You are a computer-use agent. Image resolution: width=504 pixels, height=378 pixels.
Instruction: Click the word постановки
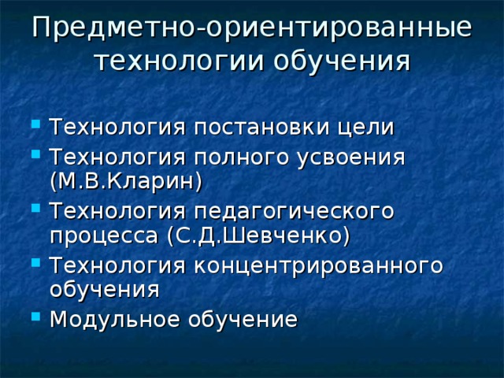(257, 128)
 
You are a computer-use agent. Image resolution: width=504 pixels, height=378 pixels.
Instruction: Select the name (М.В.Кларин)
(125, 181)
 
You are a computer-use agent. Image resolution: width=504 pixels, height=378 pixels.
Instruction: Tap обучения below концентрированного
(103, 290)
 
